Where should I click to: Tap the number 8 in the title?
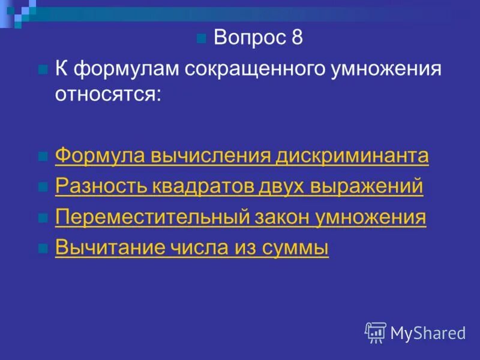(296, 38)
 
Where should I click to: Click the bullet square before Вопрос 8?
(202, 40)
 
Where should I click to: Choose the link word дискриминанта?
(352, 156)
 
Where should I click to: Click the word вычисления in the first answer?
(206, 156)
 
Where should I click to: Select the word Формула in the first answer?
(93, 156)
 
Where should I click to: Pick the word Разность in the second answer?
(95, 187)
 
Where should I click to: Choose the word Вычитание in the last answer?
(100, 248)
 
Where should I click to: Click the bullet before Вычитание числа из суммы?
(43, 248)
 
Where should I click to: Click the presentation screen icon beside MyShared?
(376, 332)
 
